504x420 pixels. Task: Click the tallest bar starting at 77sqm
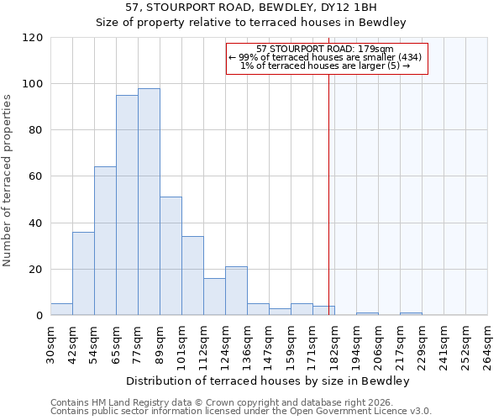point(149,202)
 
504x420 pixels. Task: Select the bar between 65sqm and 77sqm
point(127,206)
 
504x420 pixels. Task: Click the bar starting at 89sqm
point(171,256)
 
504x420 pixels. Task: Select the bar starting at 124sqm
point(236,291)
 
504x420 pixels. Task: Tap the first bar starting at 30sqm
point(61,309)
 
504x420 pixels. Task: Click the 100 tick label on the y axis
point(33,84)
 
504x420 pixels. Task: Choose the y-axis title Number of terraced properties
point(9,181)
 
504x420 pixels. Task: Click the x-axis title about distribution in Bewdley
point(269,381)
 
